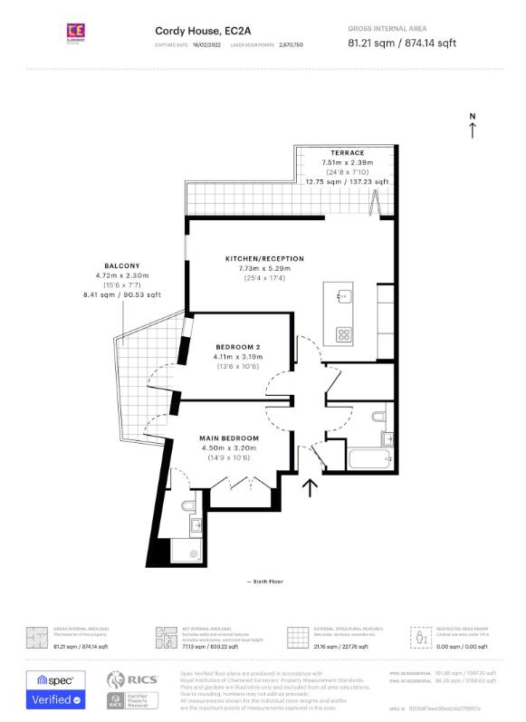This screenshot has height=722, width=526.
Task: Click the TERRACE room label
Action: click(x=348, y=153)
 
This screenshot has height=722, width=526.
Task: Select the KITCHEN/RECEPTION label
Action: click(x=264, y=259)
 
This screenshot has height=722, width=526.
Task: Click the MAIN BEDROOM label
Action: click(x=229, y=438)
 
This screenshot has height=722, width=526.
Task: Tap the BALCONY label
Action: click(x=121, y=265)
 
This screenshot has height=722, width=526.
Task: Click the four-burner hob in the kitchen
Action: click(x=345, y=334)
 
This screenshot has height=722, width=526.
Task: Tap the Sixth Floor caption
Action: click(x=263, y=580)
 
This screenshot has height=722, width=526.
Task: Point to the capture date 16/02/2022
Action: click(x=208, y=43)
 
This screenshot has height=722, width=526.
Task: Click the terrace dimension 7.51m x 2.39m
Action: click(x=348, y=162)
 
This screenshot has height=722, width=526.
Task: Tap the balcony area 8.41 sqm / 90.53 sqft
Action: click(x=121, y=294)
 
